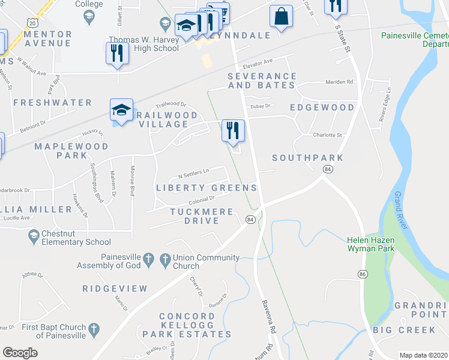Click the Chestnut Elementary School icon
tap(34, 237)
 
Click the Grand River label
tap(399, 210)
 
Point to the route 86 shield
tap(362, 274)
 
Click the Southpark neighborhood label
tap(307, 158)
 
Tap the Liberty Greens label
tap(206, 188)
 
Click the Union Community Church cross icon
tap(166, 260)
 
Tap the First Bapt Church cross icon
tap(93, 329)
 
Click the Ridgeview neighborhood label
tap(115, 289)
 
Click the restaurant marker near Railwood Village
tap(232, 130)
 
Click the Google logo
tap(20, 353)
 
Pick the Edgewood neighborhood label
tap(322, 107)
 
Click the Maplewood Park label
tap(71, 151)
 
